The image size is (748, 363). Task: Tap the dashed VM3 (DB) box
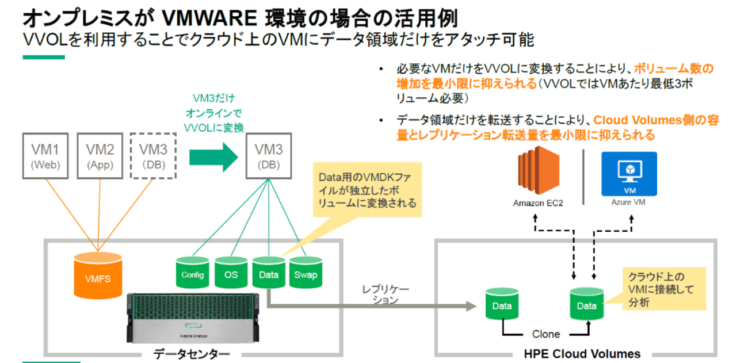[154, 155]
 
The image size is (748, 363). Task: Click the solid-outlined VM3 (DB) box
[268, 155]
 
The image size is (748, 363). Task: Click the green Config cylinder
[192, 273]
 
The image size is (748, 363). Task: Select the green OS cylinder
[231, 273]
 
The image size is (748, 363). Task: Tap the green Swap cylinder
[306, 273]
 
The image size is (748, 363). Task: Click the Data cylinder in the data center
[268, 273]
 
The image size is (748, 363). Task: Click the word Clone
[545, 334]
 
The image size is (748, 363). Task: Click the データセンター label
[192, 353]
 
